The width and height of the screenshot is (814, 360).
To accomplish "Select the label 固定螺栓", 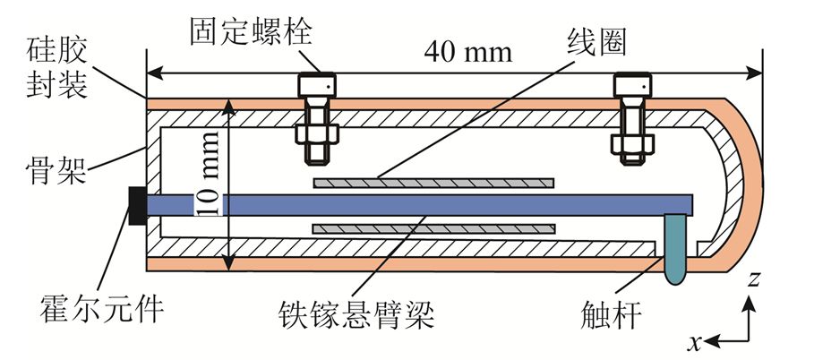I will coord(238,29).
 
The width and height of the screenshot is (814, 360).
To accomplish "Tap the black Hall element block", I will coord(138,206).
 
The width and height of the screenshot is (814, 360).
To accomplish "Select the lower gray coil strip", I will coord(433,229).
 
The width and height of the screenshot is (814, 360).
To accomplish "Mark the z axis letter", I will coord(754,280).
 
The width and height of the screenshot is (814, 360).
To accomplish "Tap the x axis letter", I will coord(694,342).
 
